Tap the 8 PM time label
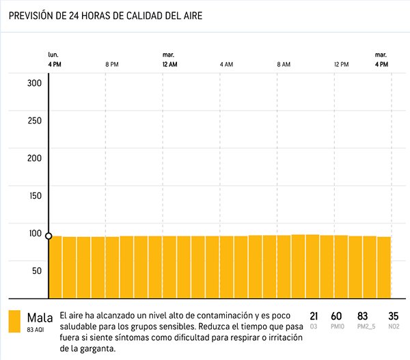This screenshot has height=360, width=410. [x=112, y=64]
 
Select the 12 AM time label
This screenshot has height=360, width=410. [x=170, y=64]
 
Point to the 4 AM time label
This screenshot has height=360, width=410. [x=226, y=64]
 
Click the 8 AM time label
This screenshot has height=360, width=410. [x=284, y=64]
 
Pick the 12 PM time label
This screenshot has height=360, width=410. [x=342, y=64]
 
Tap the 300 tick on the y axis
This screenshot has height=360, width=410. [x=35, y=83]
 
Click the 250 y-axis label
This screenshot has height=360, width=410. [x=35, y=121]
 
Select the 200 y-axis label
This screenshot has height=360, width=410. [x=35, y=158]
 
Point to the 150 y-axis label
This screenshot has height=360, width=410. [x=35, y=195]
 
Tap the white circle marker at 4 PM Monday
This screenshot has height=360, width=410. [x=49, y=236]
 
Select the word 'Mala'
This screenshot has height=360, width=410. [x=40, y=317]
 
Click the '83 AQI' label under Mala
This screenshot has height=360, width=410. [x=36, y=329]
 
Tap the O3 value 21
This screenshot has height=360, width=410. [x=314, y=316]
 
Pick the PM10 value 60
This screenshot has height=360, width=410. [x=336, y=316]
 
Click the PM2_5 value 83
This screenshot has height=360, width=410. [x=363, y=316]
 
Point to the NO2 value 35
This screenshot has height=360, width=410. [x=393, y=316]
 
